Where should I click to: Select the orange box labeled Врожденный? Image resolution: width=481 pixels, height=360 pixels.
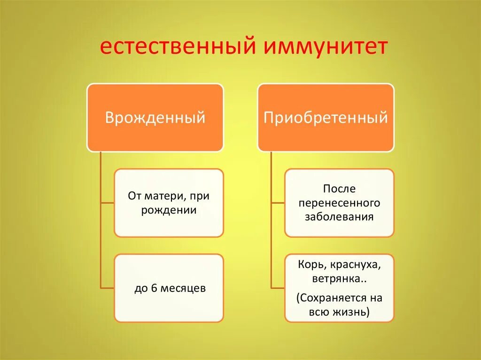click(x=155, y=117)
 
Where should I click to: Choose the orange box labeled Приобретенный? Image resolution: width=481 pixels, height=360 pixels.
click(x=326, y=117)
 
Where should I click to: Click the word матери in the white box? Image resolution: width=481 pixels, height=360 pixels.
click(x=161, y=196)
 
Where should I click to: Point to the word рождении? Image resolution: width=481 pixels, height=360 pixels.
click(x=168, y=210)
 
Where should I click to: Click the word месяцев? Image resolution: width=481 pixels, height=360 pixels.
click(x=183, y=288)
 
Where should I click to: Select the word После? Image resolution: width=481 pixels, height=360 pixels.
click(x=339, y=189)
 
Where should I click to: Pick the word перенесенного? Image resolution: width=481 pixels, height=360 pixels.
click(x=339, y=203)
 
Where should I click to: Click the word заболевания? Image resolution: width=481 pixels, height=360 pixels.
click(x=339, y=217)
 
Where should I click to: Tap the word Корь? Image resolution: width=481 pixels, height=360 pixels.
click(x=308, y=264)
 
